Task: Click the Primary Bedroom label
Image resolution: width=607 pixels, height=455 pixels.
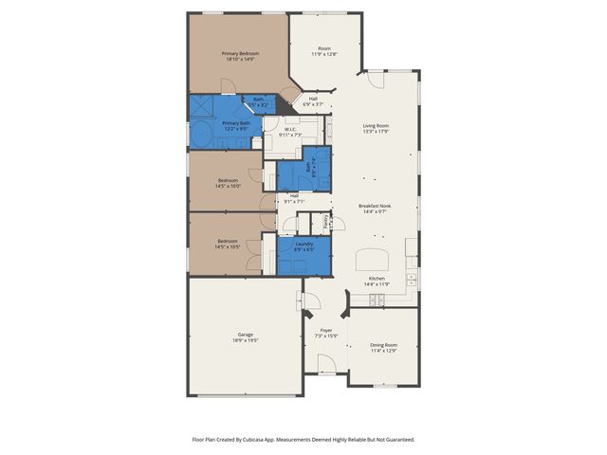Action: [240, 53]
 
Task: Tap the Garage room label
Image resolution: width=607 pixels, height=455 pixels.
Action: [245, 334]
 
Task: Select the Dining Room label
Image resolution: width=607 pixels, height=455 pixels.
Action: [383, 345]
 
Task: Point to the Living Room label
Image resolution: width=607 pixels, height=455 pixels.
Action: [376, 125]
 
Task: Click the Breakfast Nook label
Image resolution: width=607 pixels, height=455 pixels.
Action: [376, 206]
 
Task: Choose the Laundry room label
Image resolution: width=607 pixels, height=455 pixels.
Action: [303, 244]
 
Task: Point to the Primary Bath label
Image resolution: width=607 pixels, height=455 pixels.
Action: [236, 123]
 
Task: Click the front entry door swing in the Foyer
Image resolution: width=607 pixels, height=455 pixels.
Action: [326, 363]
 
